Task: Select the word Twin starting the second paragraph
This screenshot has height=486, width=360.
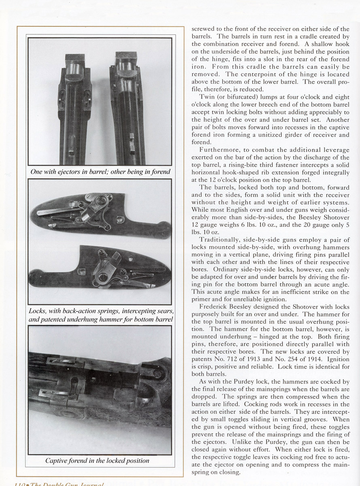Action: tap(207, 97)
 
